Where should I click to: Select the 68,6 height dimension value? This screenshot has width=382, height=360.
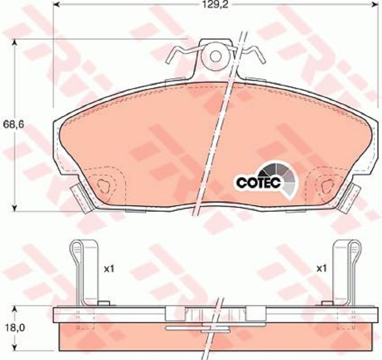pos(14,124)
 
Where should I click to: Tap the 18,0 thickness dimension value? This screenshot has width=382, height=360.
pos(14,328)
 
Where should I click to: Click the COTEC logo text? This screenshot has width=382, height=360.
pos(259,182)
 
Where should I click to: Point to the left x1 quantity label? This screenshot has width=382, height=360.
pos(109,269)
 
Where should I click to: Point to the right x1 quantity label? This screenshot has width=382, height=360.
pos(321,269)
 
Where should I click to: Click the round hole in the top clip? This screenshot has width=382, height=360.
pos(216,56)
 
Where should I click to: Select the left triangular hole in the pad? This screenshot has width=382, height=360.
pos(104,186)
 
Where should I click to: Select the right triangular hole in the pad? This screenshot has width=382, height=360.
pos(327,186)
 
